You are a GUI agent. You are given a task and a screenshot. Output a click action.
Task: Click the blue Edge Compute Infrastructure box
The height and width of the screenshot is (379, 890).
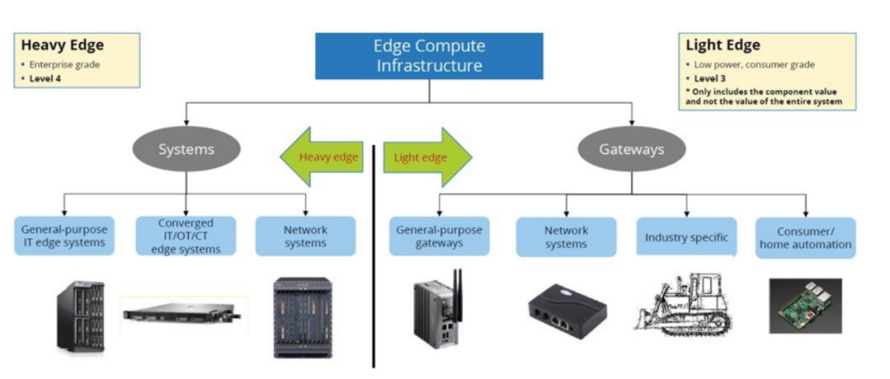[429, 56]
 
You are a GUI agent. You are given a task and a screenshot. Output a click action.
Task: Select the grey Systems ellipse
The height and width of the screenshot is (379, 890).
[186, 150]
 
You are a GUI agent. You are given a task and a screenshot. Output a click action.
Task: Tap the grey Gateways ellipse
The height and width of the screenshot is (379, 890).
[631, 150]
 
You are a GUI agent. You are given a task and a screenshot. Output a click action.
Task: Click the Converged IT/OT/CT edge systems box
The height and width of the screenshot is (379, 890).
[185, 236]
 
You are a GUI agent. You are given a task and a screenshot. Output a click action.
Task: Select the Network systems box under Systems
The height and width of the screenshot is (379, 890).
[305, 236]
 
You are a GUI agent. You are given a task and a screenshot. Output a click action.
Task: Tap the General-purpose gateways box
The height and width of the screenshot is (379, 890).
[438, 236]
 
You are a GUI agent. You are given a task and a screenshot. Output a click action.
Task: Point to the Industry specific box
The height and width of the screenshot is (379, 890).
[686, 237]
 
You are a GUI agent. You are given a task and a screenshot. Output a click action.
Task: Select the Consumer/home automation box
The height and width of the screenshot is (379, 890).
[805, 238]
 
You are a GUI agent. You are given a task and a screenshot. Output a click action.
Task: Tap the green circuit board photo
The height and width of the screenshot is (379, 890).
[804, 305]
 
